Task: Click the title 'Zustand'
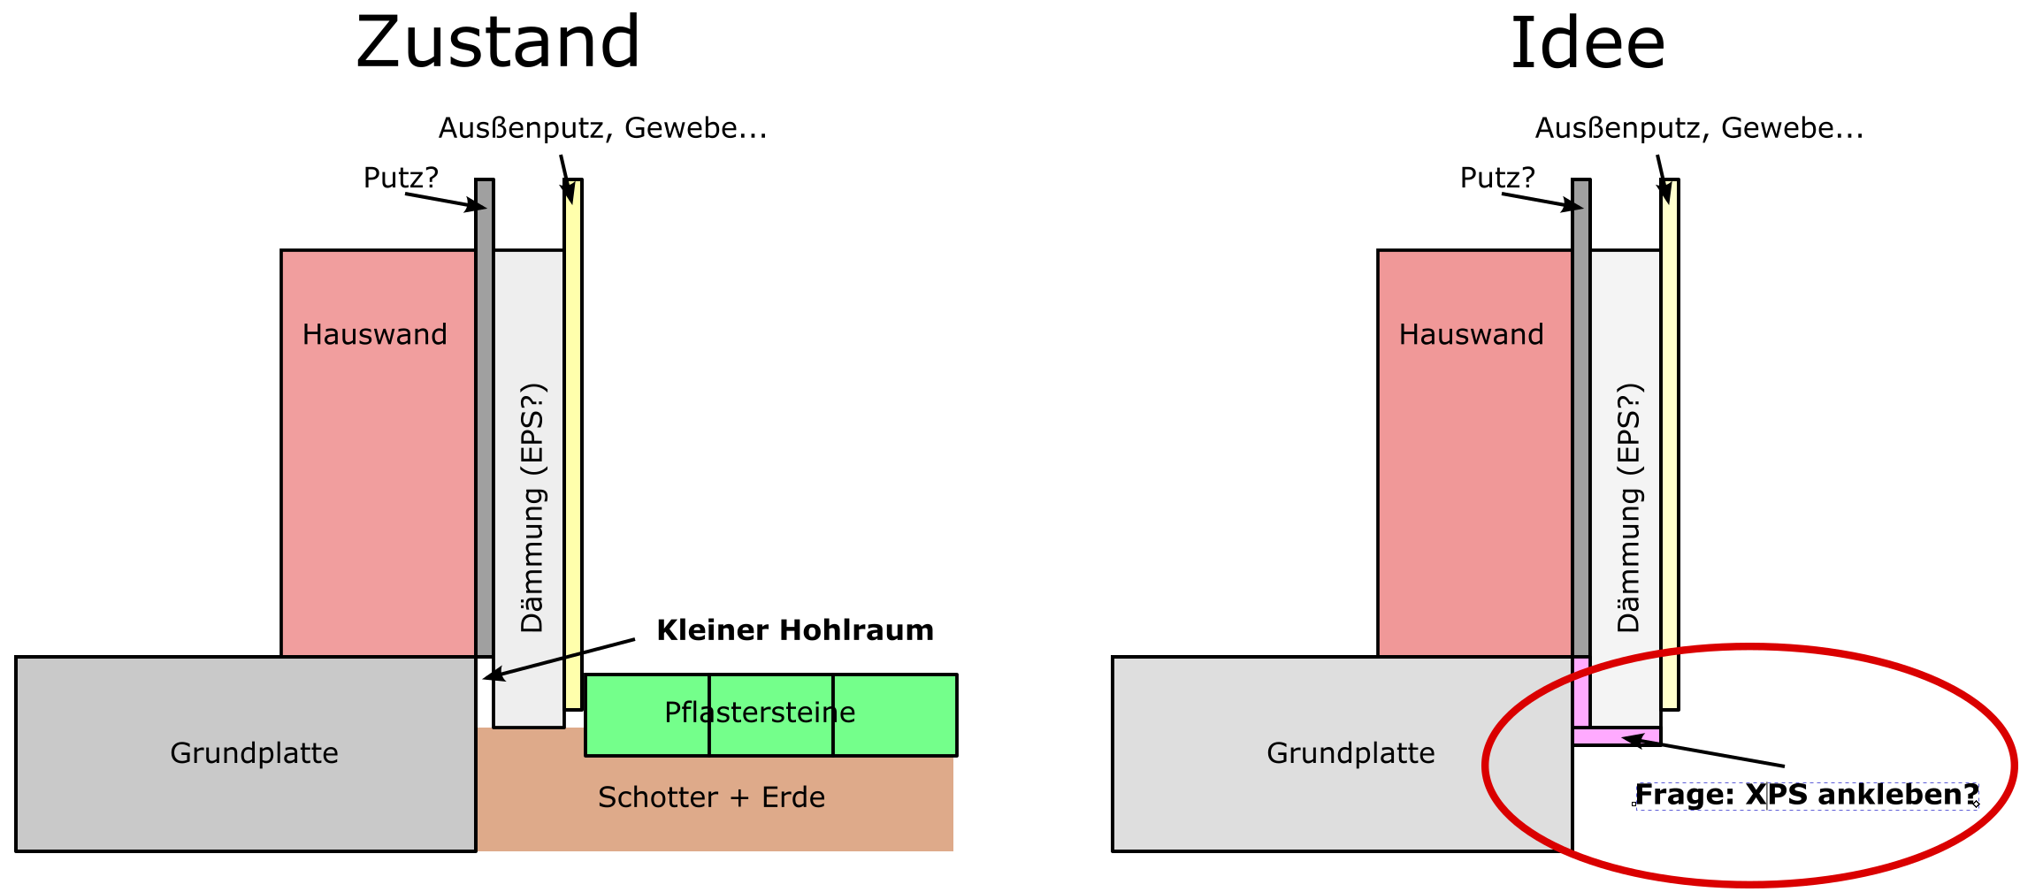[x=498, y=42]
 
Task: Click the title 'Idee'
[x=1588, y=42]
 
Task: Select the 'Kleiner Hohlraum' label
[x=795, y=630]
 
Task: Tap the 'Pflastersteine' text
[x=760, y=713]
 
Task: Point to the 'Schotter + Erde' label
[x=711, y=797]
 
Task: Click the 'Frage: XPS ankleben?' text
[x=1807, y=795]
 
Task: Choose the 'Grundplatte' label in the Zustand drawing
[x=254, y=753]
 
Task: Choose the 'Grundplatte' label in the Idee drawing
[x=1350, y=753]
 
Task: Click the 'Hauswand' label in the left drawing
[x=375, y=334]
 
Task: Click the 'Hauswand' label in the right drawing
[x=1472, y=334]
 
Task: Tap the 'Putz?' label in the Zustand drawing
[x=401, y=178]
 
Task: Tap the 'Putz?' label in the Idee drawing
[x=1497, y=178]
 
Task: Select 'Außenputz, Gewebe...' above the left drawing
[x=603, y=128]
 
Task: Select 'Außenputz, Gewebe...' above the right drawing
[x=1700, y=128]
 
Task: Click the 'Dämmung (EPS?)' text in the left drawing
[x=533, y=508]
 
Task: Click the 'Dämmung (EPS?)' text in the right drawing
[x=1630, y=508]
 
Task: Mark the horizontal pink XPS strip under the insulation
[x=1617, y=736]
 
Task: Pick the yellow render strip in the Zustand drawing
[x=574, y=445]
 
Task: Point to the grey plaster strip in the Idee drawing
[x=1581, y=418]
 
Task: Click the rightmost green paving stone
[x=895, y=715]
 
